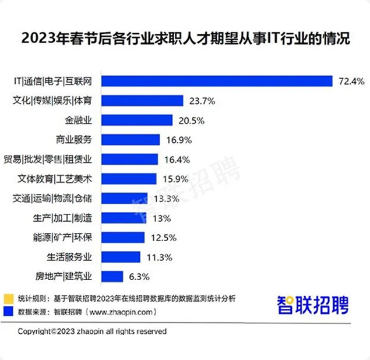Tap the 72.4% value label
[351, 81]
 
